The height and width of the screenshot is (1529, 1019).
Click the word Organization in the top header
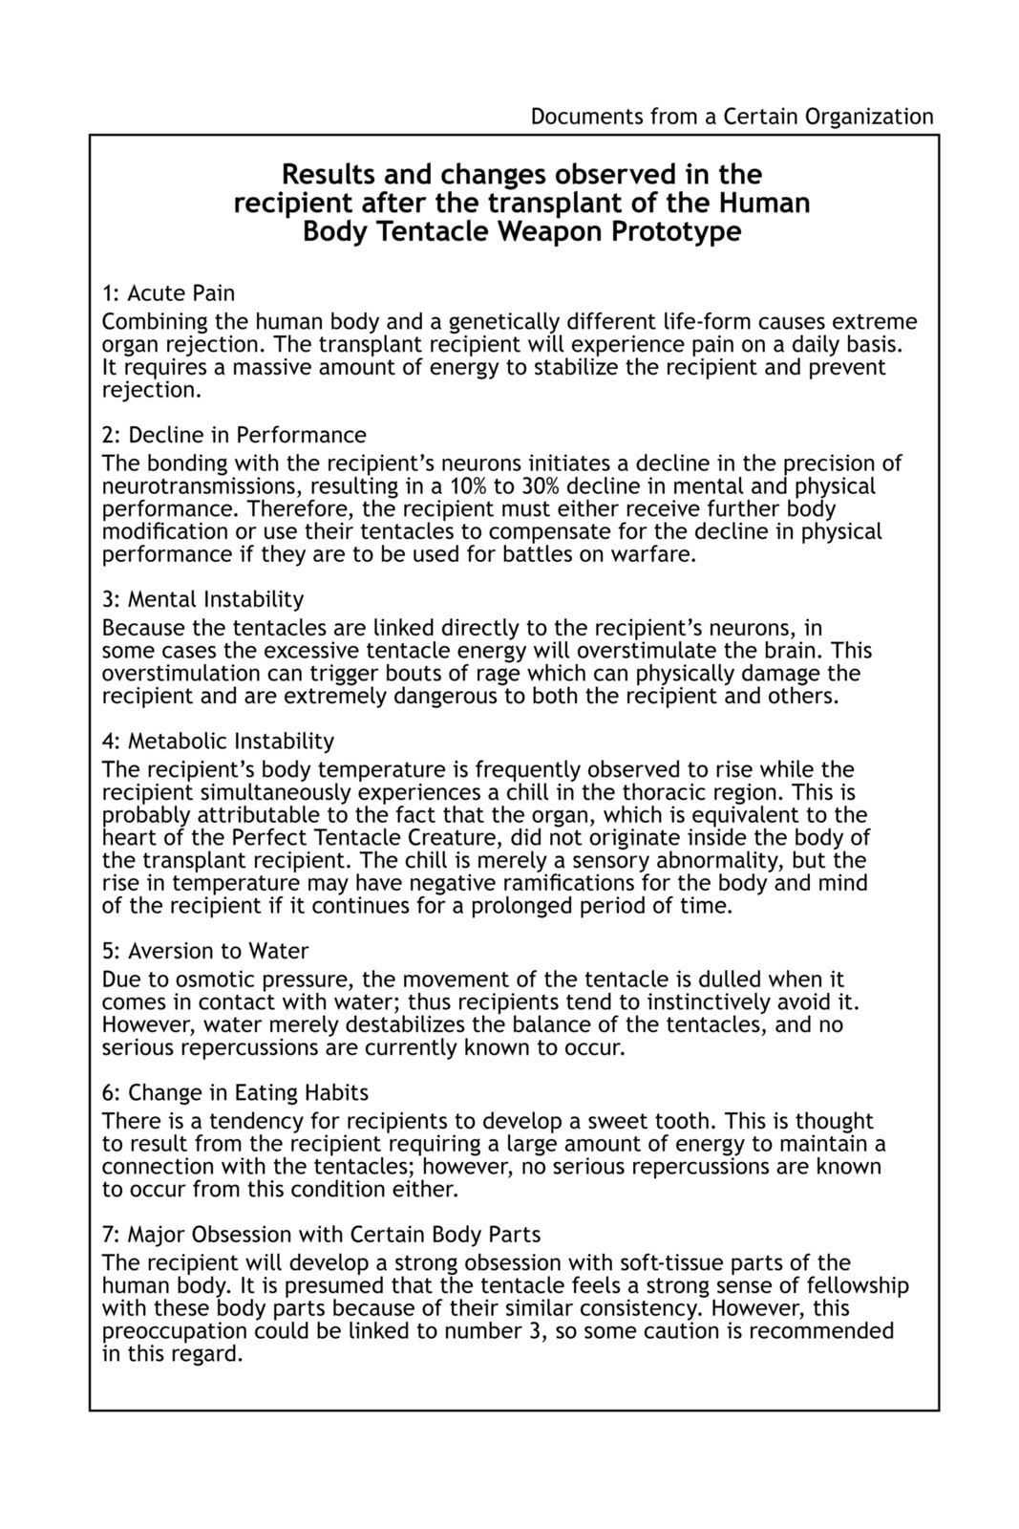coord(868,117)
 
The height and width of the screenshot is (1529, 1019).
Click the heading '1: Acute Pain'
coord(168,293)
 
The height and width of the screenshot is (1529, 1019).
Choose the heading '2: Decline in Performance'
coord(234,436)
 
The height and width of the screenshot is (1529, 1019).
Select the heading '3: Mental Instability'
coord(202,600)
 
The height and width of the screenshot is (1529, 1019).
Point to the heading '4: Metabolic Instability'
coord(218,742)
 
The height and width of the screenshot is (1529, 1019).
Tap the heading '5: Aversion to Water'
coord(205,952)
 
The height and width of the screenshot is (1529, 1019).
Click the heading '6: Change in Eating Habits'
coord(235,1093)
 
